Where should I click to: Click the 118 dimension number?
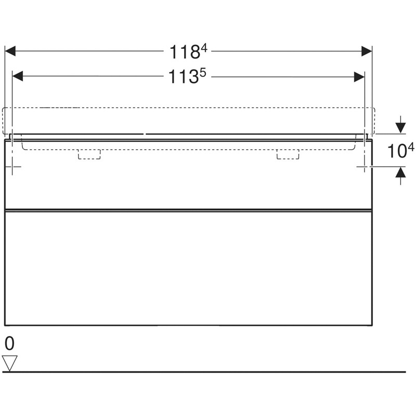coord(185,52)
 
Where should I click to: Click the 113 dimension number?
coord(184,77)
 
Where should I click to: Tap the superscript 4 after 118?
coord(204,48)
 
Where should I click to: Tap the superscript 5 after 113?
coord(203,73)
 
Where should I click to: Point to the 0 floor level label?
coord(9,343)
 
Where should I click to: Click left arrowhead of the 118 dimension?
coord(10,51)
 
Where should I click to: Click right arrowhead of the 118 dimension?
coord(367,51)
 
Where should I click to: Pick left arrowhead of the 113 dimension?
coord(18,76)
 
